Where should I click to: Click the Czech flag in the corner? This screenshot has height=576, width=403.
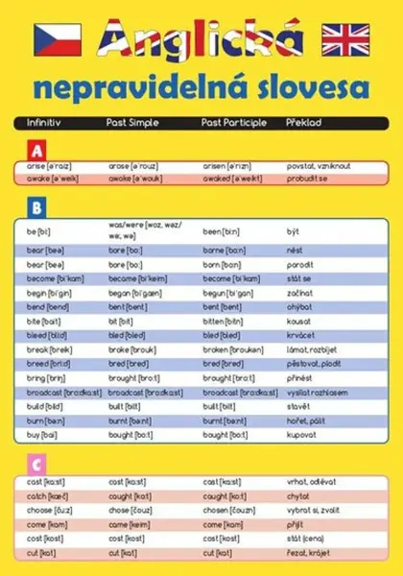57,37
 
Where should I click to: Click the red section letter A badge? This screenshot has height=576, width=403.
37,150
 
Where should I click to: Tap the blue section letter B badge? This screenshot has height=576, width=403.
36,205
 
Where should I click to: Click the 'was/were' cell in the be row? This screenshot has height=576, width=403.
144,230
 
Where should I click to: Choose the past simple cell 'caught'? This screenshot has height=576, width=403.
129,495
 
